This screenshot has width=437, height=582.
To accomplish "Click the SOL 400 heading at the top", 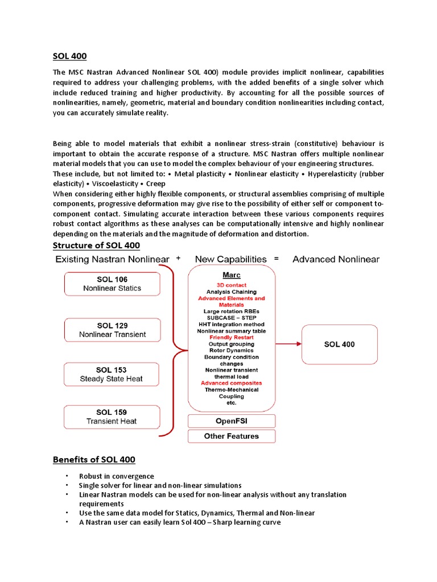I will pos(69,56).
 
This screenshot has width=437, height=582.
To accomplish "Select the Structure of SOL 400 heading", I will pos(96,246).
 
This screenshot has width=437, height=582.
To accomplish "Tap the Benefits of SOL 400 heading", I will pos(94,459).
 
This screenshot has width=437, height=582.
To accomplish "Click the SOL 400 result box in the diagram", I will pos(339,344).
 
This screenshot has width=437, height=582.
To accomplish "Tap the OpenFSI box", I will pos(232,421).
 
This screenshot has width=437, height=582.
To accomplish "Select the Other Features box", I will pos(232,436).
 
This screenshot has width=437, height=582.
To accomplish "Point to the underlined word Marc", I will pos(232,275).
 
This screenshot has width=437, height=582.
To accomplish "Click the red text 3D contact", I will pos(232,285).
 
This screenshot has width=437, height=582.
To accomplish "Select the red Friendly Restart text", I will pos(232,338).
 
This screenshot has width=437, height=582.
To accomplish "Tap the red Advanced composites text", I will pos(232,383).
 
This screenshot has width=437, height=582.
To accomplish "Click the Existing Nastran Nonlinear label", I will pos(112,260).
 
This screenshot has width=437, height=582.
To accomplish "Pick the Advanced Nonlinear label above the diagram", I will pos(336,260).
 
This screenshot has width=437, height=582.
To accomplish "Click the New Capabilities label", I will pos(230,260).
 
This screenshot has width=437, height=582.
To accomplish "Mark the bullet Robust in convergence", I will pos(117,476).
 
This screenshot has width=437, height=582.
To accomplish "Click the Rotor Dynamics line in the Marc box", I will pos(232,351).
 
